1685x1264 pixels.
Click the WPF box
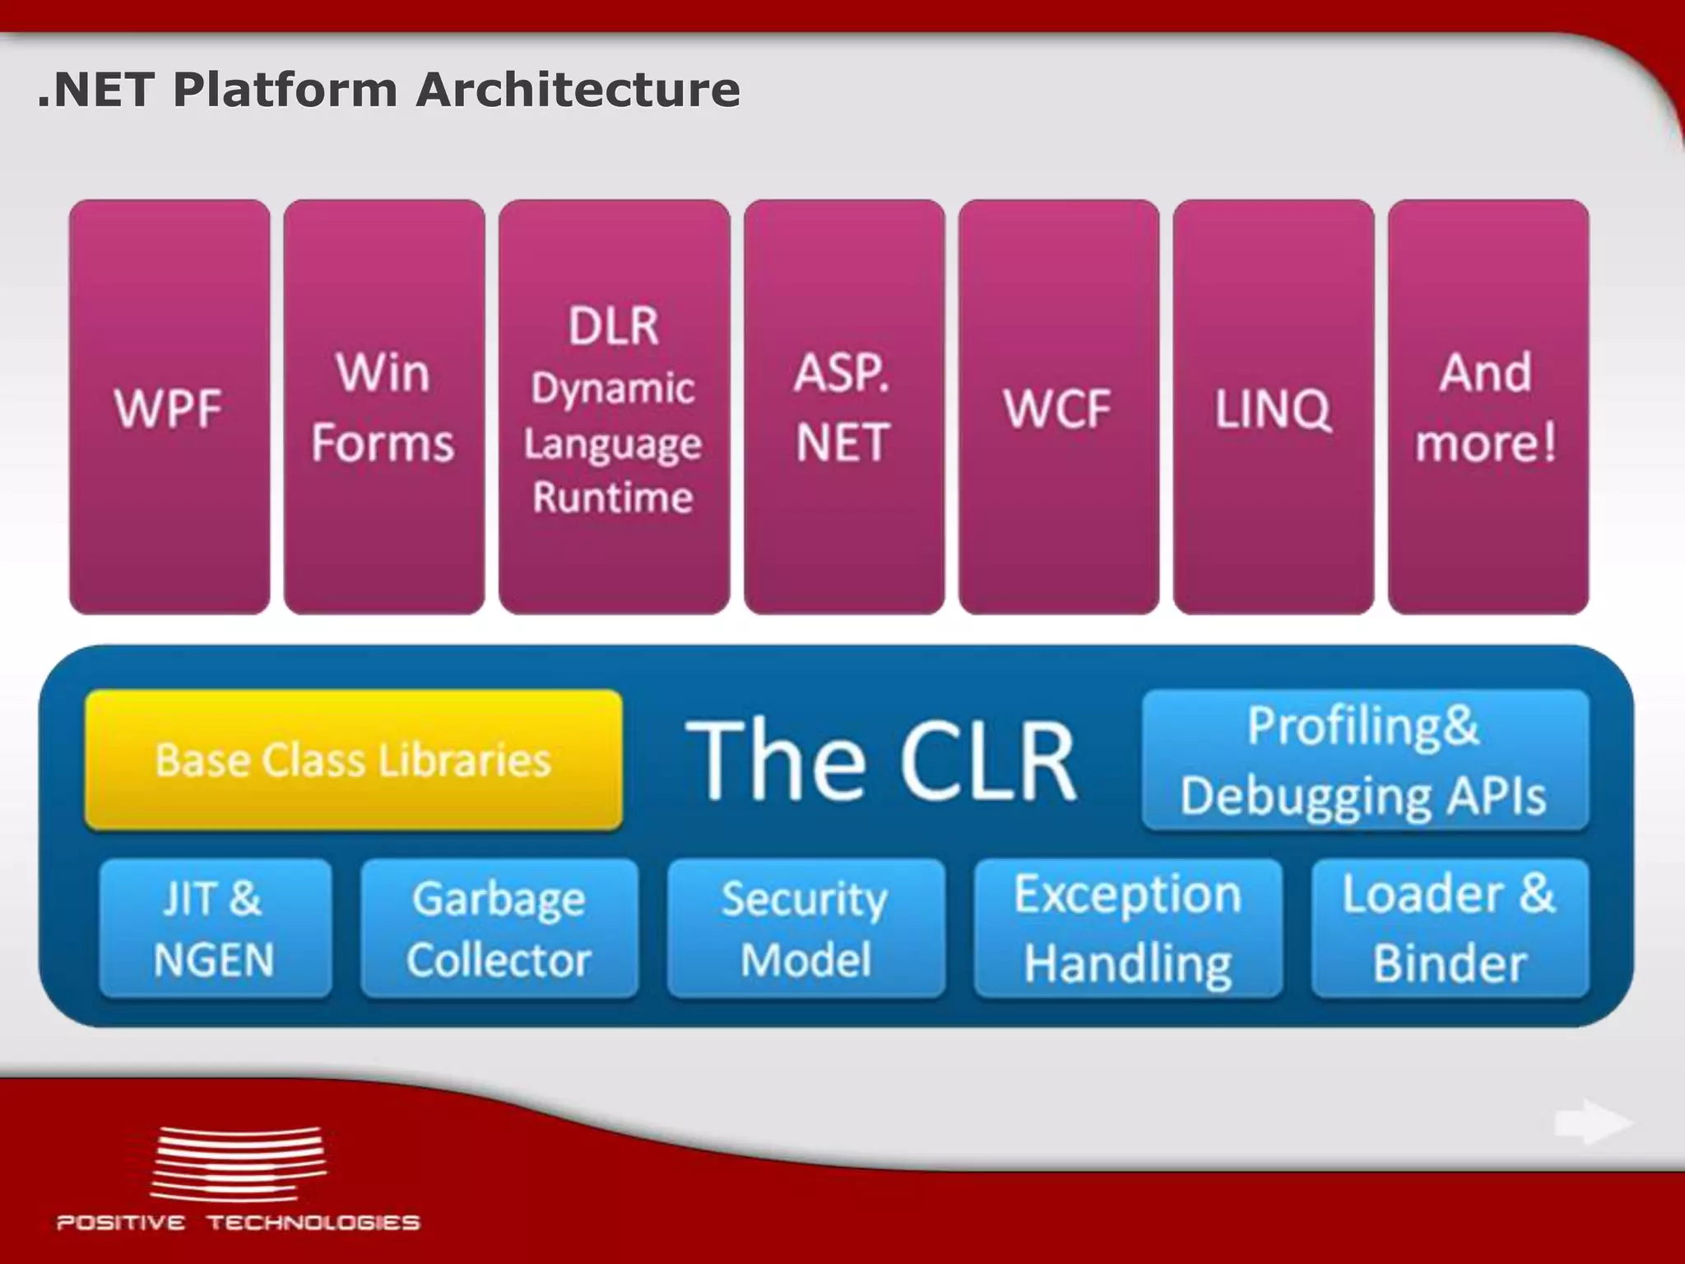click(169, 407)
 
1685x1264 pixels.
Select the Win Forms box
click(383, 407)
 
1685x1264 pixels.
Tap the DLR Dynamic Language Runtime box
click(614, 407)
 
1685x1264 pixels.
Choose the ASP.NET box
click(844, 407)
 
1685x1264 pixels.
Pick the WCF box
click(1058, 407)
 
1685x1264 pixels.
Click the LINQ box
click(1273, 407)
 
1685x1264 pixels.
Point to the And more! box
click(1488, 407)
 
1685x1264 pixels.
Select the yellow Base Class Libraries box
click(354, 760)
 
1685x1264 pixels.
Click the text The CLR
click(880, 760)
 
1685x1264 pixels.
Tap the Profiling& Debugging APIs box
click(1364, 760)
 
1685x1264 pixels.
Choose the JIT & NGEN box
click(215, 928)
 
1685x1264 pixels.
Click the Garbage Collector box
click(499, 928)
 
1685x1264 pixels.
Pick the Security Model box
click(805, 928)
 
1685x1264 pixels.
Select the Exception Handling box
click(1128, 928)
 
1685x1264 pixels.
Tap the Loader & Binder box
click(1450, 928)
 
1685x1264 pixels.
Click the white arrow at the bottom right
click(1592, 1122)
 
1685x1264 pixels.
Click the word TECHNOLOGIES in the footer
click(313, 1222)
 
